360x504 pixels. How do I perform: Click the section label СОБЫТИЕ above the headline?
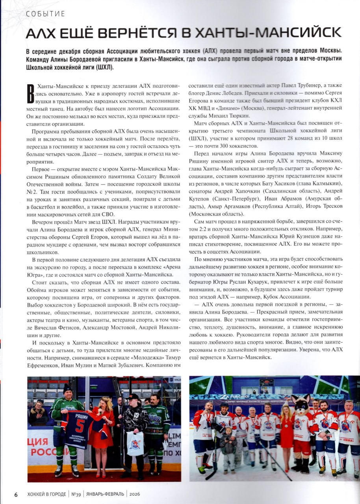tap(45, 14)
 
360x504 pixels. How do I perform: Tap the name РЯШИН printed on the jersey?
tap(80, 415)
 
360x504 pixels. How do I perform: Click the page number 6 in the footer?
tap(16, 494)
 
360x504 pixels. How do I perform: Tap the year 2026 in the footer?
tap(135, 494)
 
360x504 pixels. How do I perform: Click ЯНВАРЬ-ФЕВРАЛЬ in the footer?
tap(106, 494)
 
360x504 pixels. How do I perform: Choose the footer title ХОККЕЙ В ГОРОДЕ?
tap(46, 494)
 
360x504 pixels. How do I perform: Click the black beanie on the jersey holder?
tap(68, 388)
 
